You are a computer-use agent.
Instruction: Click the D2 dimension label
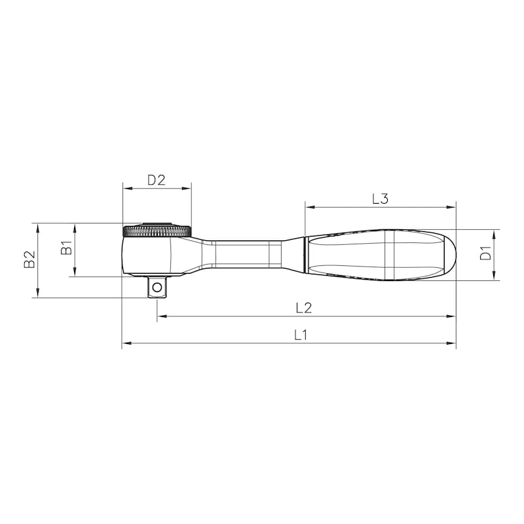[156, 179]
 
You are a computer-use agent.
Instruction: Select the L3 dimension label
[381, 199]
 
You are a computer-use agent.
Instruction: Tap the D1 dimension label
[485, 254]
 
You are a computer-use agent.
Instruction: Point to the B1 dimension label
[65, 249]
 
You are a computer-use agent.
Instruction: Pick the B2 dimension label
[29, 260]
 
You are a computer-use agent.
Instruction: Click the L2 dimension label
[303, 307]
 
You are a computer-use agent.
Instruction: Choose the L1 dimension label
[300, 334]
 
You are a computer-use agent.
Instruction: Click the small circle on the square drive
[157, 286]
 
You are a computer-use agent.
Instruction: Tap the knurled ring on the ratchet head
[157, 231]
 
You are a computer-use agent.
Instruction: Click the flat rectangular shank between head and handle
[242, 254]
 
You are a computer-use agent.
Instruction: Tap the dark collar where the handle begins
[305, 254]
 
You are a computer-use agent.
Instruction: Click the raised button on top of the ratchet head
[157, 221]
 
